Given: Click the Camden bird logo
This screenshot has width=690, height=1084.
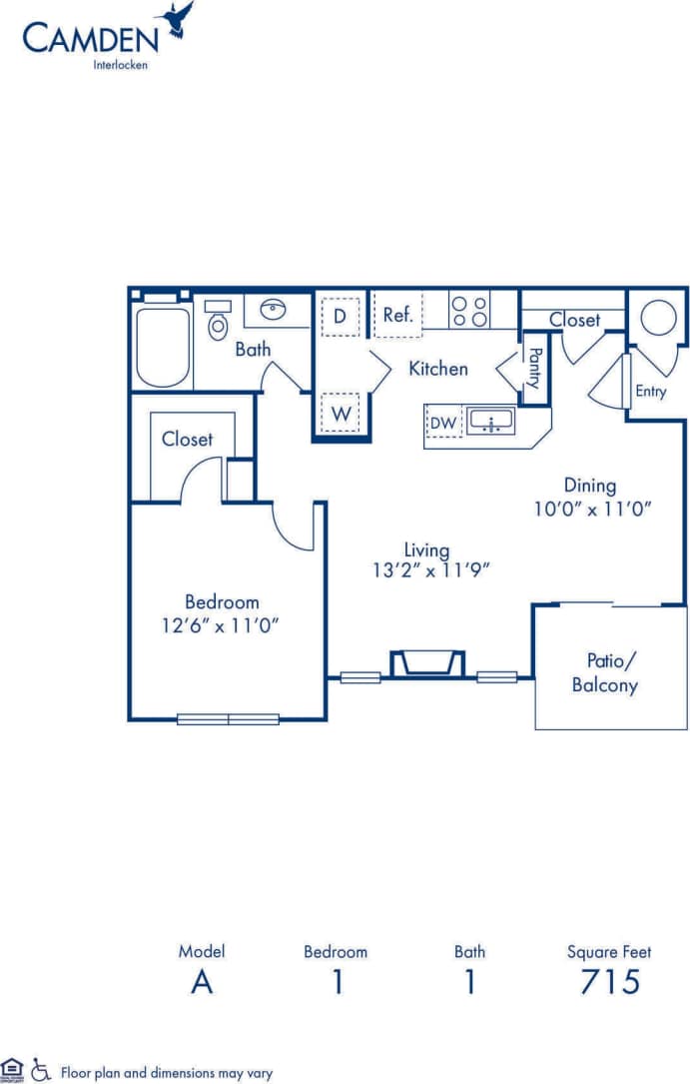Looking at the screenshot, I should point(178,20).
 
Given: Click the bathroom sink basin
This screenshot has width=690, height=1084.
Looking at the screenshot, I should point(271,309).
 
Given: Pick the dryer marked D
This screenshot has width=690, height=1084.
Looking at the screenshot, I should point(340,317).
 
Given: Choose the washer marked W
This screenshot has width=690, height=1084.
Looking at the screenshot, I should point(340,411).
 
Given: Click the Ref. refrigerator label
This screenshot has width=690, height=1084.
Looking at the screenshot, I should point(397,315).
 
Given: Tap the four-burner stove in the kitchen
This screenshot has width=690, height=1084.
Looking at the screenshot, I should point(468,310).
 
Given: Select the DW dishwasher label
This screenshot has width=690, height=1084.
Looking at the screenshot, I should point(442,423).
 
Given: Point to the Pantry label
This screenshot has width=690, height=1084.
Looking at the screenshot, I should point(534,368).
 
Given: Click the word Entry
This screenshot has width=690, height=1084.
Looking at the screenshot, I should point(650,392).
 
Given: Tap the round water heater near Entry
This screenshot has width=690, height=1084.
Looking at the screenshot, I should point(658,319).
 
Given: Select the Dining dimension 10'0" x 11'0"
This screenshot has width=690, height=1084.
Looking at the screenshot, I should point(592,508).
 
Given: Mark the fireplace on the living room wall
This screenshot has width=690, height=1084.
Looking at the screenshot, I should point(427,663).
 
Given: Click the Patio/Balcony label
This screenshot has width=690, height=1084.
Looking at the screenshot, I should point(605,672).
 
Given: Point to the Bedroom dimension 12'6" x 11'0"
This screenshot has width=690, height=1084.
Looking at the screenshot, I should point(222,624).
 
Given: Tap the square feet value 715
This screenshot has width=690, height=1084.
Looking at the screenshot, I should point(609,982).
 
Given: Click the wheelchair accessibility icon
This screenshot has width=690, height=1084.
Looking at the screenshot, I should point(41,1069).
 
